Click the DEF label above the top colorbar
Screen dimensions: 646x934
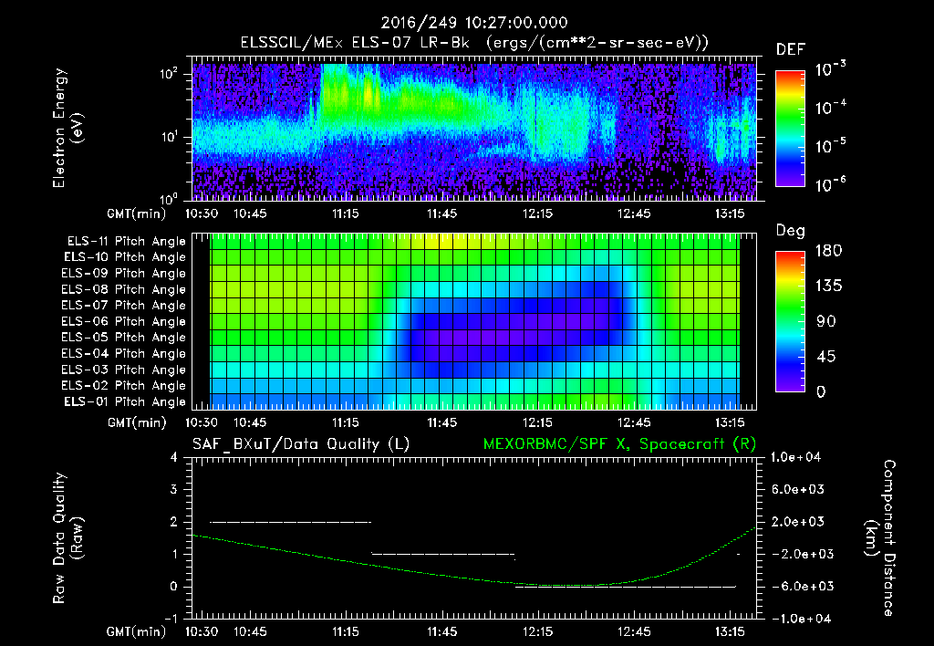pos(789,49)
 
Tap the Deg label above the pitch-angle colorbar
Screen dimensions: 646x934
pos(789,232)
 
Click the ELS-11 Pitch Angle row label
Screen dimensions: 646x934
pos(125,242)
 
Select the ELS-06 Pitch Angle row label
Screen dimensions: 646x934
pos(125,322)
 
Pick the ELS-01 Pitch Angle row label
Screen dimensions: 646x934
pos(125,402)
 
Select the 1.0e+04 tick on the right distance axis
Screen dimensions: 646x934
pos(798,457)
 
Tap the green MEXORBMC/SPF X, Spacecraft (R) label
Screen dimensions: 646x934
pos(612,444)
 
